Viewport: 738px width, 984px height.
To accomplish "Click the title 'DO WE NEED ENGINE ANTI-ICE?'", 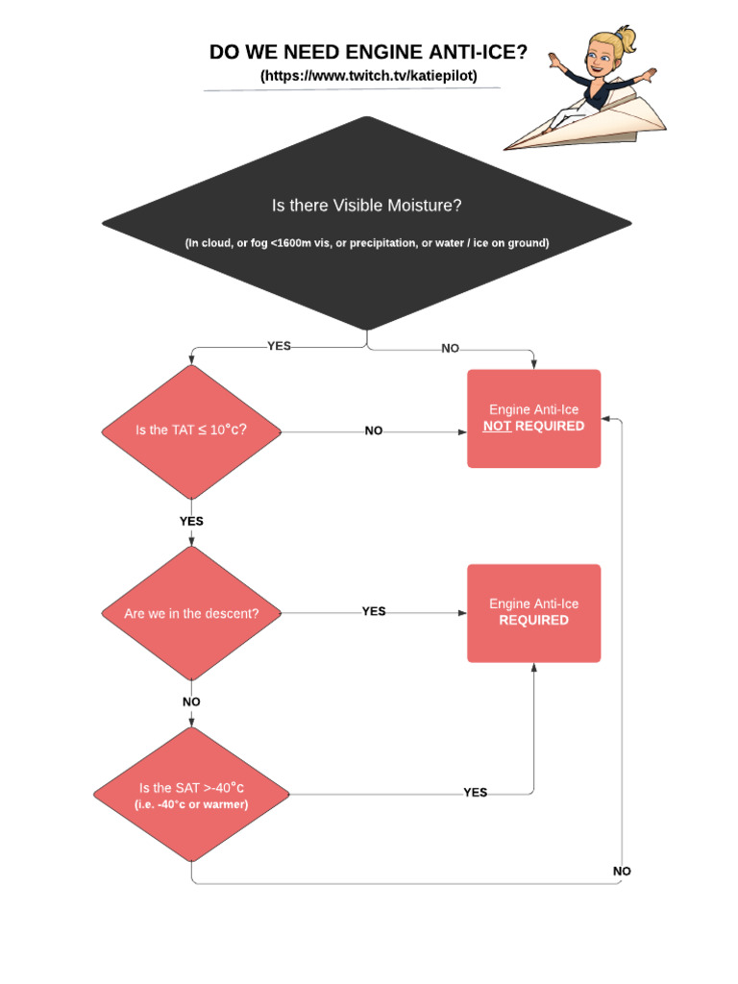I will point(368,53).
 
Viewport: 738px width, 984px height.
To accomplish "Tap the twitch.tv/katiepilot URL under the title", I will point(368,76).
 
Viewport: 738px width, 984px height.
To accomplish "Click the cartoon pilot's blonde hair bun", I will point(626,38).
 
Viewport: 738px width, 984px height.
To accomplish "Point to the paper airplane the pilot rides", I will point(596,120).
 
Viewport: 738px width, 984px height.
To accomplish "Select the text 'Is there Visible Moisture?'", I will point(367,206).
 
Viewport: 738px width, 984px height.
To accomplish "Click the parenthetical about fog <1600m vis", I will point(367,243).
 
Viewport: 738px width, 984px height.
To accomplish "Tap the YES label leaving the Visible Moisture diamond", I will point(279,346).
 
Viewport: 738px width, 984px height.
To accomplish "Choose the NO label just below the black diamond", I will point(450,348).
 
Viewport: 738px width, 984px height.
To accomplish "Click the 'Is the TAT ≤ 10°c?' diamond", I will point(192,430).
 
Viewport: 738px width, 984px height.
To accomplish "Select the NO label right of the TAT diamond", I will point(374,431).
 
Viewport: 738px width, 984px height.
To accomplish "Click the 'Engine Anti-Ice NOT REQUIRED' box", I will point(533,419).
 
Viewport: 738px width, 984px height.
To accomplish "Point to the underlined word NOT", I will point(497,426).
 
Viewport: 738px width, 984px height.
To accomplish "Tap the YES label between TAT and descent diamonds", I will point(191,521).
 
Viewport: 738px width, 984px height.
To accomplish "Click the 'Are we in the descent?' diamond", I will point(192,613).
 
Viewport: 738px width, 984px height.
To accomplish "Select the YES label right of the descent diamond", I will point(374,611).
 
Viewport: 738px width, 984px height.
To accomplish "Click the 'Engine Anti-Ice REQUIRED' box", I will point(533,613).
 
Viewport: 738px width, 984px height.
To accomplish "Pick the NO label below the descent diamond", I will point(191,701).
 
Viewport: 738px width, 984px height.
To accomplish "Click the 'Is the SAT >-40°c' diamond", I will point(192,795).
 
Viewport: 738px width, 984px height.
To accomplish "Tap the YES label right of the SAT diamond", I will point(475,793).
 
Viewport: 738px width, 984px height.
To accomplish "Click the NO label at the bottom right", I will point(622,871).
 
